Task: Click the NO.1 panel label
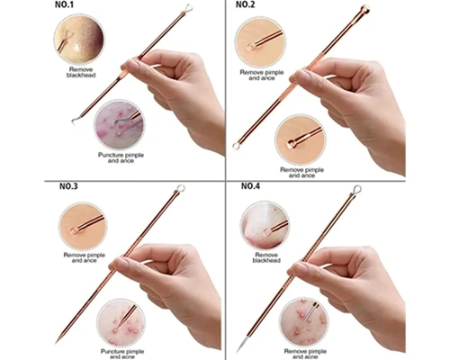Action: [64, 5]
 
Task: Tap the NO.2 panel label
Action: [245, 5]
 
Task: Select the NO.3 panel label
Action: [68, 186]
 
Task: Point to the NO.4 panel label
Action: [250, 186]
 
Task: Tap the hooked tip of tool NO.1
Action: [74, 121]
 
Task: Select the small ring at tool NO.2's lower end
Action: [236, 146]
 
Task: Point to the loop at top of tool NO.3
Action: [180, 188]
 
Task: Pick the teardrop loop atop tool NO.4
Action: [356, 190]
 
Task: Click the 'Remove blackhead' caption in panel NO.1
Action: [81, 72]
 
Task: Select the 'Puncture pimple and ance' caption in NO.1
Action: [121, 157]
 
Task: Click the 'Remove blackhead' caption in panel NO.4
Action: [266, 257]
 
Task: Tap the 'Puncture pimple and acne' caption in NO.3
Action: [122, 354]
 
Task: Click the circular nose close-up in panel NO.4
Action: [265, 226]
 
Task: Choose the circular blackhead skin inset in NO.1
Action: [79, 39]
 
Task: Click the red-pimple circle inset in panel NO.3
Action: [121, 322]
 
